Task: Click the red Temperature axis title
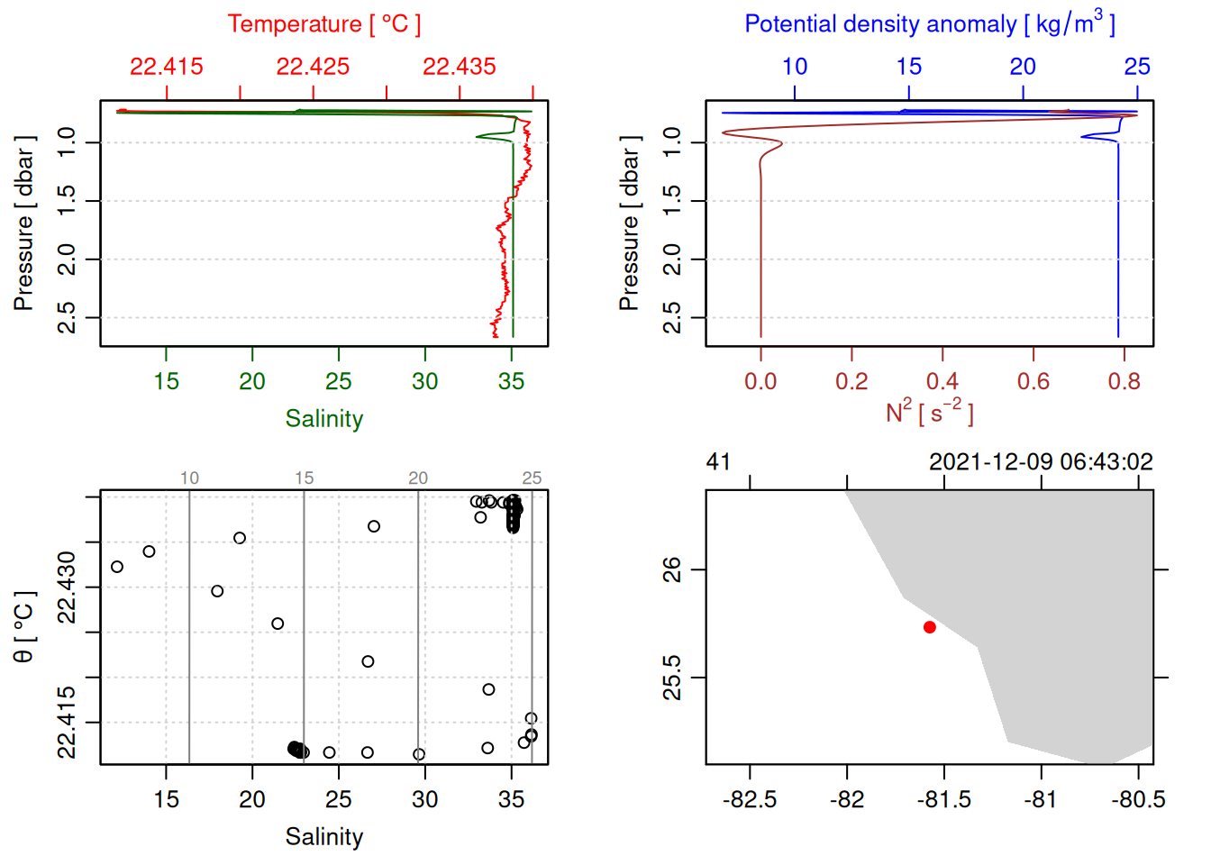tap(324, 24)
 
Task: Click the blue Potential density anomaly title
tap(929, 23)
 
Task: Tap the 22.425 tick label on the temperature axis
tap(313, 67)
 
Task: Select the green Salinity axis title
tap(324, 419)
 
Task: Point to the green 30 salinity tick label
tap(424, 382)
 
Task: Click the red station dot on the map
tap(930, 627)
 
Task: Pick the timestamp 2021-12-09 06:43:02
tap(1041, 462)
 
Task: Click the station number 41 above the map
tap(718, 462)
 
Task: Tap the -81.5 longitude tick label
tap(943, 800)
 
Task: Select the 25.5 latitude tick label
tap(672, 678)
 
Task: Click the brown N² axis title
tap(929, 413)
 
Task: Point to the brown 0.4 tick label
tap(942, 382)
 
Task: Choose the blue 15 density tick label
tap(909, 67)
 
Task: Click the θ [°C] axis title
tap(24, 627)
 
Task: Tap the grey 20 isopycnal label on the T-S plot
tap(418, 478)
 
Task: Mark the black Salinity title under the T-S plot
tap(324, 837)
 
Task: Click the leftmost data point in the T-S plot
tap(117, 567)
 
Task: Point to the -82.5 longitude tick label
tap(750, 800)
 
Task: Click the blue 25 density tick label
tap(1137, 67)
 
